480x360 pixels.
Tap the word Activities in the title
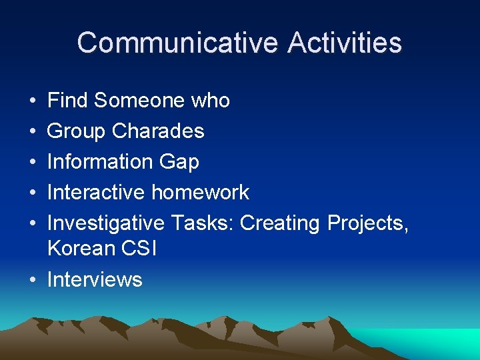[x=345, y=43]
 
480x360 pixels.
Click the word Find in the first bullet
[x=68, y=101]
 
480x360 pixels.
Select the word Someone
[x=139, y=101]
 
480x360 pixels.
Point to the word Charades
[x=158, y=131]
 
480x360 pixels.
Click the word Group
[x=77, y=131]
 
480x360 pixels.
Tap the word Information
[x=100, y=162]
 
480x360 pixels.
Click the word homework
[x=200, y=193]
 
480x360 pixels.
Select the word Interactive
[x=96, y=193]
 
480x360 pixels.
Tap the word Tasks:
[x=202, y=223]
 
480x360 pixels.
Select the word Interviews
[x=95, y=279]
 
